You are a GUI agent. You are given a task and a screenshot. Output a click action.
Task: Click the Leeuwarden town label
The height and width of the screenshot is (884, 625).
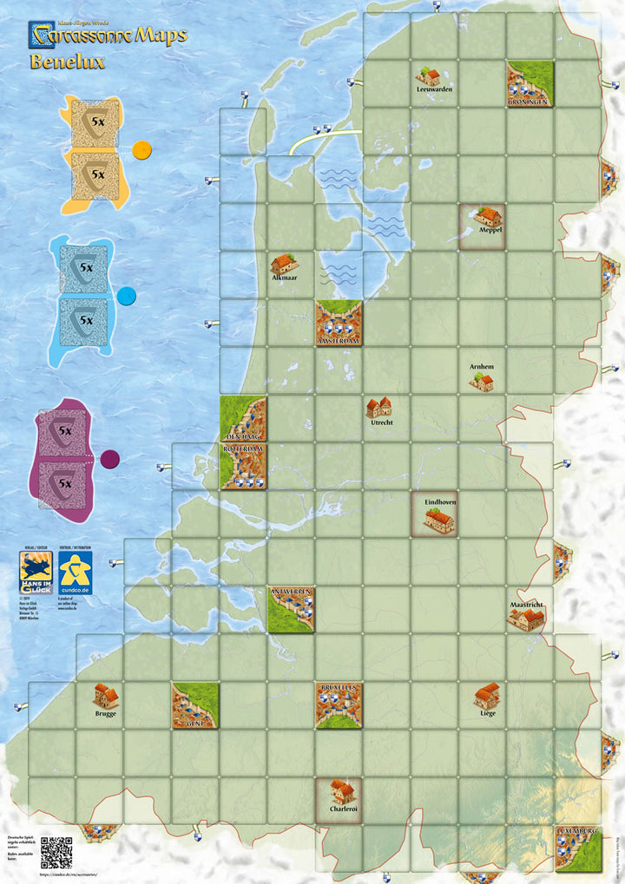pos(434,89)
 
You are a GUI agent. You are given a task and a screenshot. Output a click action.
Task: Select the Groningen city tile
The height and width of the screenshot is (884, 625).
pos(530,83)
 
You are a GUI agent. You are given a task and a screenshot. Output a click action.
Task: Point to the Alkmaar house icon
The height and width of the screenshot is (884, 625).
pos(284,264)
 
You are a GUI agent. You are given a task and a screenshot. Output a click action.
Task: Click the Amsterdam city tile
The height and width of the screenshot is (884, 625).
pos(339,323)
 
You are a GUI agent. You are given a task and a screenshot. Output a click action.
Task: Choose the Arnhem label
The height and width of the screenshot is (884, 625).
pos(482,367)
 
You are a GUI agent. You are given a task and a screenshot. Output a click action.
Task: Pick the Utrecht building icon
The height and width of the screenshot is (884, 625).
pos(378,407)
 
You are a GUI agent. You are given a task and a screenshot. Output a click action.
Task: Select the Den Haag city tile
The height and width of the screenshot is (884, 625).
pos(243,418)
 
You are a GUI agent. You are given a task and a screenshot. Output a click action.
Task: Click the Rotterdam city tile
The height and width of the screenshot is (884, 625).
pos(243,466)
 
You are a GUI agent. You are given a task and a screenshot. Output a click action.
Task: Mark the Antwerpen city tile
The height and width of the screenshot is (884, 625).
pos(291,609)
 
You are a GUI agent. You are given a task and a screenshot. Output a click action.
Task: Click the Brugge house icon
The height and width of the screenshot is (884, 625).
pos(105,695)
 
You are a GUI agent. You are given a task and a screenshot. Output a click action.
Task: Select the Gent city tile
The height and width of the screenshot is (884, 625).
pos(194,704)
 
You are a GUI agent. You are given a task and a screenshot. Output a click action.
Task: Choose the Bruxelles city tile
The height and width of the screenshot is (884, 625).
pos(339,704)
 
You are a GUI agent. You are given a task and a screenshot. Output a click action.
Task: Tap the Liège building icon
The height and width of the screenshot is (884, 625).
pos(487,696)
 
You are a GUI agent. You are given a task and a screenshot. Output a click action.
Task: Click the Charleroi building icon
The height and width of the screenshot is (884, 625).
pos(342,789)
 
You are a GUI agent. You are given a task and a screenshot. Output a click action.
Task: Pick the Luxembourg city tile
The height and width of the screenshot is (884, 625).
pos(577,848)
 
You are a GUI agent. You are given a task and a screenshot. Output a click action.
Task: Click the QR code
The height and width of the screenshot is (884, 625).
pos(56,852)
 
